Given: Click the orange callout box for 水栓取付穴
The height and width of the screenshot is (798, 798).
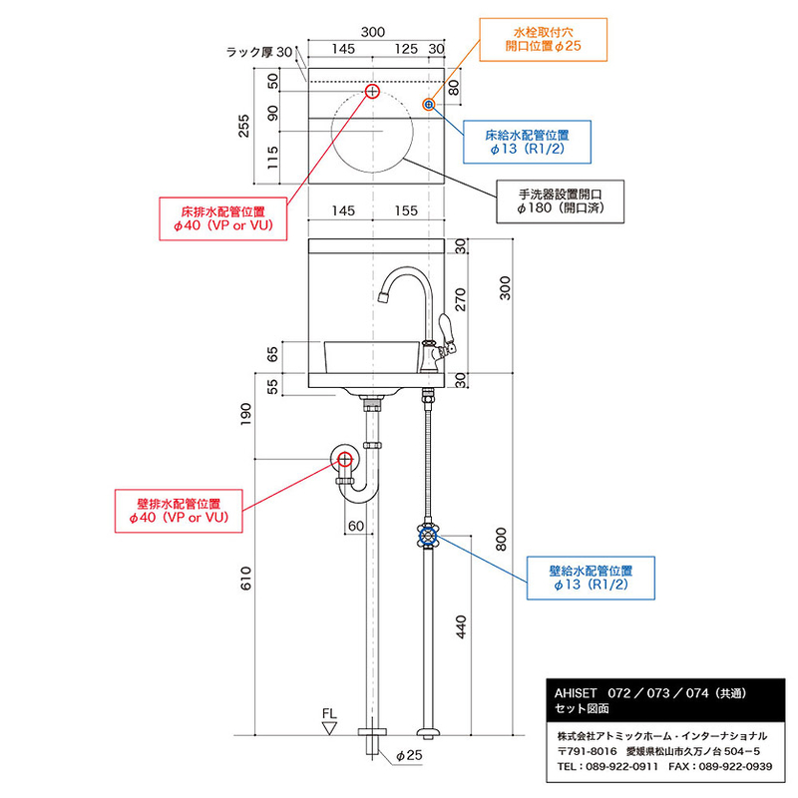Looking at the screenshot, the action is [543, 40].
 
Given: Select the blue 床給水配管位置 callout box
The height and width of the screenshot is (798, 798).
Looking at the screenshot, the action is [527, 142].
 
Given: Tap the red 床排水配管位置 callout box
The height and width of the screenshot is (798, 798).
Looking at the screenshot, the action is [222, 218].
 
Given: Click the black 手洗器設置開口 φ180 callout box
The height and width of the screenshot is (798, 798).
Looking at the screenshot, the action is [560, 201].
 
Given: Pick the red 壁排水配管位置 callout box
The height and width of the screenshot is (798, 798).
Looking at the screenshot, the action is [179, 511].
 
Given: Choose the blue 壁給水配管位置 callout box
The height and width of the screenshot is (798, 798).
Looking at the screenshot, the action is [591, 579].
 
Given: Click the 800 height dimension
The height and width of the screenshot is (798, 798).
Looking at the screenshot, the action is [502, 540].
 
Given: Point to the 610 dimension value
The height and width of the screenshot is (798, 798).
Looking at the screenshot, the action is [245, 579].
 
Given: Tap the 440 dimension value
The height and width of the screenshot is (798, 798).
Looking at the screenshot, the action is [461, 627].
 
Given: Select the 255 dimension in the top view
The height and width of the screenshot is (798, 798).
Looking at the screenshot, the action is [244, 126].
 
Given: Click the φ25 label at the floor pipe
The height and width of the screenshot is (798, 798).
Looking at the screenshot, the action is [409, 755].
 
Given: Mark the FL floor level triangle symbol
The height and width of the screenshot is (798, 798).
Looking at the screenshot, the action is [330, 728].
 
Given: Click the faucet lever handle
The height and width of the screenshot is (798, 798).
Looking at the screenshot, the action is [446, 334].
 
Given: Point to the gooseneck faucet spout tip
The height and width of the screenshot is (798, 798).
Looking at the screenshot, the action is [384, 296].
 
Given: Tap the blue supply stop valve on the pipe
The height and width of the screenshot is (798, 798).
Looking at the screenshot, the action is [428, 536].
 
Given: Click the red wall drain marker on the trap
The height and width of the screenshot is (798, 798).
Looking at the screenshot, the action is [345, 460].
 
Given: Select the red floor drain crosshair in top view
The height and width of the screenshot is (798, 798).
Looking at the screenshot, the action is [372, 91].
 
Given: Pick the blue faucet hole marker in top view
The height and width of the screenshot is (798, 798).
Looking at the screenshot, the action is [429, 105].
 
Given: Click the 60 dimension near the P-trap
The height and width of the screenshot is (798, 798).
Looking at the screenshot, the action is [356, 526].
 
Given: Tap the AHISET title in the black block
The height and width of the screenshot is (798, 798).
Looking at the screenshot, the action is [576, 693].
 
